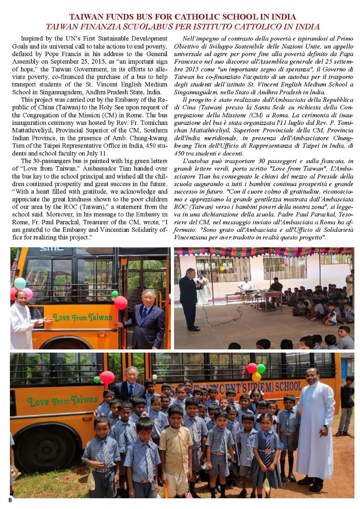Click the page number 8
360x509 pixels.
(10, 500)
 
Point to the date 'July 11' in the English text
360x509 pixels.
(91, 153)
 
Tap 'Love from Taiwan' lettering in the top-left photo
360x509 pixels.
(83, 317)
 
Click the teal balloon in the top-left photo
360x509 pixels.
(20, 283)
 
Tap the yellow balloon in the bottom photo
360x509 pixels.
(256, 377)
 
